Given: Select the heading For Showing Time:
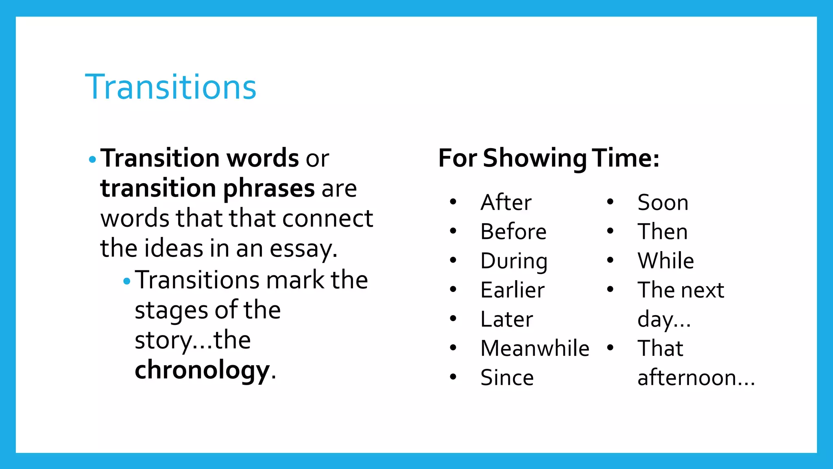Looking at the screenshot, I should tap(548, 158).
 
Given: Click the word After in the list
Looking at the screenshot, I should tap(506, 202).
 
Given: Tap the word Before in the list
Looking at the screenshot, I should tap(513, 232).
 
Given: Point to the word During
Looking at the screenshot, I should tap(514, 261).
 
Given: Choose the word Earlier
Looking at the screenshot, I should tap(512, 290).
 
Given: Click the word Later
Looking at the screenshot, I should tap(506, 319).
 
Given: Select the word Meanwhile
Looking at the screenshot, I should tap(534, 348).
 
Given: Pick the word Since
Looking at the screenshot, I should tap(507, 377).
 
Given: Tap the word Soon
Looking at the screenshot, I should tap(663, 202).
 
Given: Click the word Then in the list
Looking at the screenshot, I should tap(662, 232).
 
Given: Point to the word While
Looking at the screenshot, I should tap(665, 261).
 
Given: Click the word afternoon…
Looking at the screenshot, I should tap(696, 377).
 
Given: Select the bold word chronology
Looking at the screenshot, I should tap(202, 370).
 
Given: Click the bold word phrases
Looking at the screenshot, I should tap(268, 188).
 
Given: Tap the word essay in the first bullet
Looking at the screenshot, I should tap(302, 249).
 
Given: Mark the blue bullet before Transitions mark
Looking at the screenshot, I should tap(127, 281).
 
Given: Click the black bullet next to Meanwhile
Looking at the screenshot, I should tap(453, 348).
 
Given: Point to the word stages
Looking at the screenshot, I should tap(171, 311).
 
